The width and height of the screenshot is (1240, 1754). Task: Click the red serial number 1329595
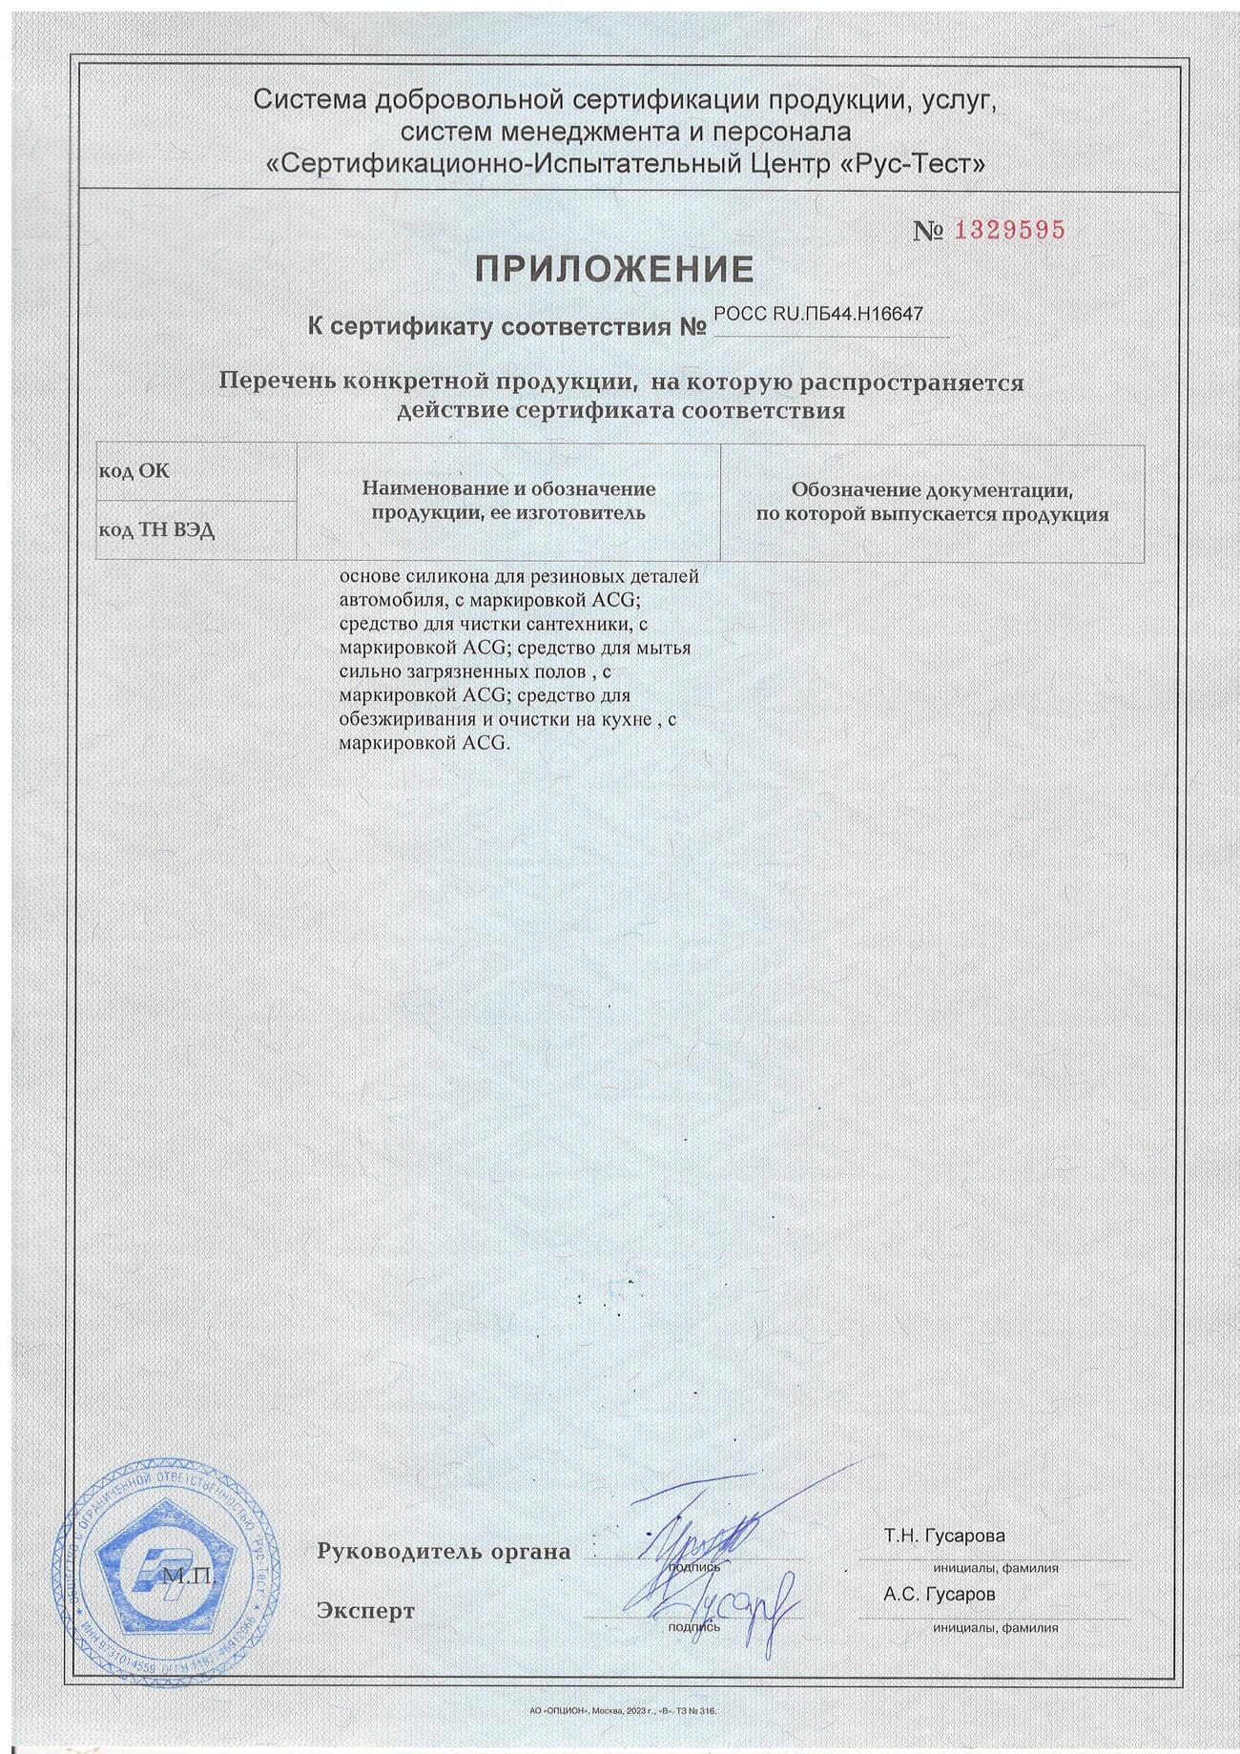[x=1009, y=231]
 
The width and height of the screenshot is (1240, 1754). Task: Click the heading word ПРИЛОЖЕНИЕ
[x=615, y=271]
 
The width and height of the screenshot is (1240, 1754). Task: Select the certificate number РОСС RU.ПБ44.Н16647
[x=817, y=314]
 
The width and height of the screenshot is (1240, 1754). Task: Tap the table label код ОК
[x=134, y=471]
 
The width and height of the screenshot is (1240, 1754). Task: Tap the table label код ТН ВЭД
[x=156, y=530]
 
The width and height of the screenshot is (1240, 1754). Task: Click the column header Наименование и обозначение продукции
[x=508, y=501]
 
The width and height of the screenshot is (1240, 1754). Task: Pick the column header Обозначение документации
[x=932, y=502]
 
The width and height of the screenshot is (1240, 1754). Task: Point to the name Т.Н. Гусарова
[x=943, y=1537]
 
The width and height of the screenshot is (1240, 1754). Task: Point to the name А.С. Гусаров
[x=939, y=1594]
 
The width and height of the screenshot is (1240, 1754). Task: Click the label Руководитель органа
[x=444, y=1552]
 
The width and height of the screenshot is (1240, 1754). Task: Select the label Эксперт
[x=365, y=1612]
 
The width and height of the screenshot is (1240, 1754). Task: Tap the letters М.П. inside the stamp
[x=190, y=1578]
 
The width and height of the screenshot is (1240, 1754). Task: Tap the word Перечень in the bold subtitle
[x=276, y=382]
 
